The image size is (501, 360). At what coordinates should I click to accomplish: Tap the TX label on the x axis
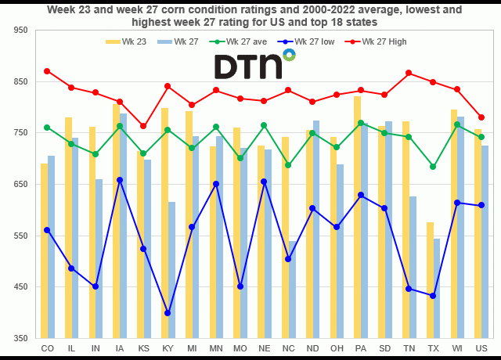pos(433,347)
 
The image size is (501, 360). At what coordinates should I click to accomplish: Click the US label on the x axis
pos(481,347)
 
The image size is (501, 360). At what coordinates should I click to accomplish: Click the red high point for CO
pos(48,71)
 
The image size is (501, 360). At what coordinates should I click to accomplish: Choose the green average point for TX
pos(433,167)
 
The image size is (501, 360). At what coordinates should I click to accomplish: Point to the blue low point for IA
pos(120,180)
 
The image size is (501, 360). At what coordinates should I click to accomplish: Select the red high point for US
pos(481,117)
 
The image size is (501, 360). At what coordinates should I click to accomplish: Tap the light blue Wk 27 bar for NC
pos(293,290)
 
